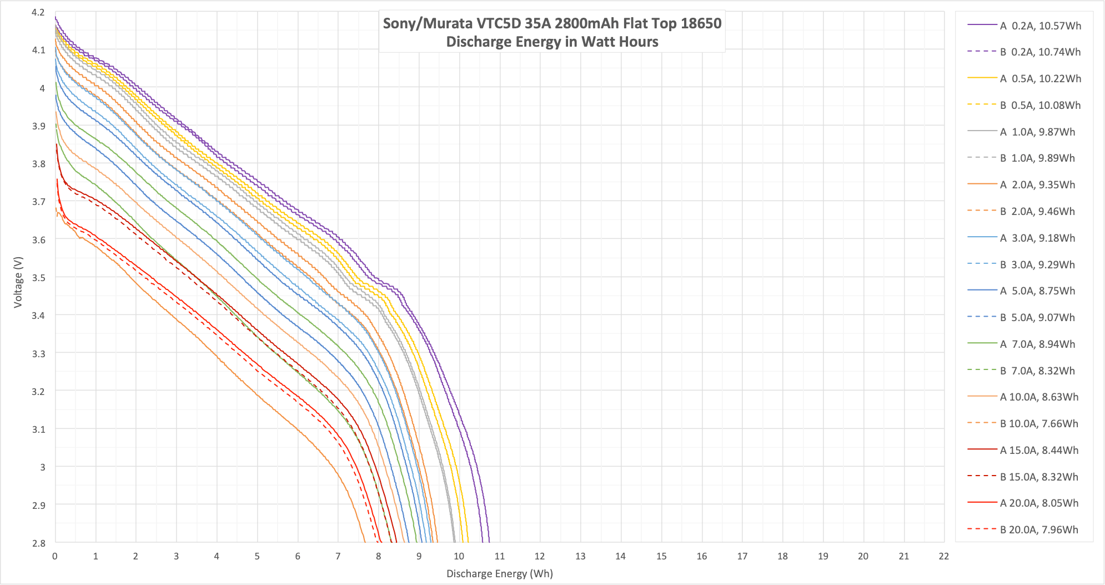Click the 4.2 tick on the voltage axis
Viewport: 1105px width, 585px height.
click(x=38, y=12)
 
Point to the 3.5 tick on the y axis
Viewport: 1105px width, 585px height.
click(x=38, y=277)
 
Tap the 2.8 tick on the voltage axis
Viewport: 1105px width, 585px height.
click(x=38, y=543)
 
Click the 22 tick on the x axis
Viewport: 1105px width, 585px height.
click(x=944, y=556)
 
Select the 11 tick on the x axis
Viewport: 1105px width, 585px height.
click(x=500, y=556)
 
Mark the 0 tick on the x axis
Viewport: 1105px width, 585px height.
click(x=55, y=556)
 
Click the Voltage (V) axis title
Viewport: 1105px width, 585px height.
click(x=18, y=282)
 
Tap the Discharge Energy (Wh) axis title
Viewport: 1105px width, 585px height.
click(x=500, y=573)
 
